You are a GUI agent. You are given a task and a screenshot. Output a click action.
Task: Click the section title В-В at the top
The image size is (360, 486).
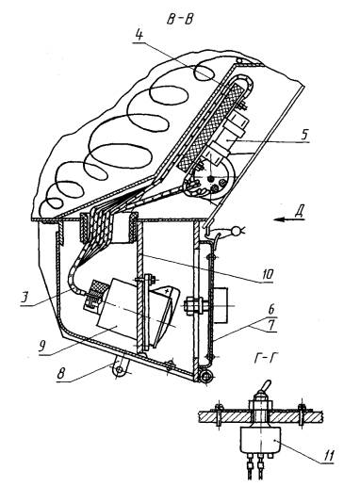180,20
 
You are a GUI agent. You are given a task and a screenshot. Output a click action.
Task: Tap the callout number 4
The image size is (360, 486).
139,35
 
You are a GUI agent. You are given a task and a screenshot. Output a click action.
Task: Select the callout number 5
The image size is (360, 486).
303,135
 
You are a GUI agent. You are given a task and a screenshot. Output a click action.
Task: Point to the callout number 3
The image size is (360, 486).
25,298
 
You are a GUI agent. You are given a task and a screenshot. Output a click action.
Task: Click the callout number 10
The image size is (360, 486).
267,274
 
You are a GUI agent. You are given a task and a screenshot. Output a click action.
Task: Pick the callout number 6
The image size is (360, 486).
271,310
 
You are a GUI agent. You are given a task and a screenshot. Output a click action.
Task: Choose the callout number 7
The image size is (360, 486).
272,325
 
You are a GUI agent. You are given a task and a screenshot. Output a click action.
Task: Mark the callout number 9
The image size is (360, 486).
43,346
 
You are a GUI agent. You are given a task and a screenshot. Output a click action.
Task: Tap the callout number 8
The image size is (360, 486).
61,374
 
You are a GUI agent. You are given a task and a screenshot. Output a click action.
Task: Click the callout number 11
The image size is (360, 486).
327,456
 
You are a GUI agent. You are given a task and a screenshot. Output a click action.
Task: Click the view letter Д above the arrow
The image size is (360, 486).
300,212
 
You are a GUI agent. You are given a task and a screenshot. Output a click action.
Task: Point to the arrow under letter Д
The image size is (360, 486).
289,219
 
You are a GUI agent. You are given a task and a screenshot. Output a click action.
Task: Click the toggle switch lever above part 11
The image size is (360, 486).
265,387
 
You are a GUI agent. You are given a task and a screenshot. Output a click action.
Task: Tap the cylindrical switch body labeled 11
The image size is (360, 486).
260,440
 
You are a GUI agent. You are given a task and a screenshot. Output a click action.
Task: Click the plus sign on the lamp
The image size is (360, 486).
167,291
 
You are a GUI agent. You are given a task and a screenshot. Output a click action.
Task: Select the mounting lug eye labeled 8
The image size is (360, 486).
120,371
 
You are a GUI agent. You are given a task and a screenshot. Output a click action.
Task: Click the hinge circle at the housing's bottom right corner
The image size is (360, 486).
205,376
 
